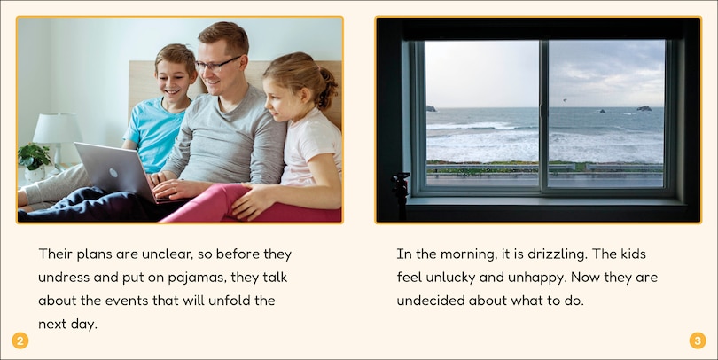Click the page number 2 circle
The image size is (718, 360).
pos(20,340)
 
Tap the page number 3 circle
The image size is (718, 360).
pos(698,340)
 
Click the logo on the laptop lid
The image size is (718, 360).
pos(113,173)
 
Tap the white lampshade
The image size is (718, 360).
pos(58,129)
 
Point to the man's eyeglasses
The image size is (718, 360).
pos(216,64)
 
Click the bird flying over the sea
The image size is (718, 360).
pos(564,99)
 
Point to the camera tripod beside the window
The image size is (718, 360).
pos(401,195)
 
